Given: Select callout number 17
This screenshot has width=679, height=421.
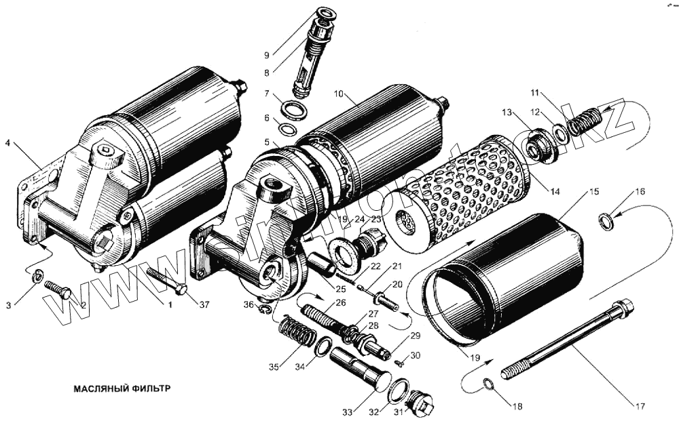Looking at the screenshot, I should (x=638, y=406).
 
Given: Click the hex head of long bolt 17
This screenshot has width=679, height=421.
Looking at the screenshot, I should (x=623, y=308).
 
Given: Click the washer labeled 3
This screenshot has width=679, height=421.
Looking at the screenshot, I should (x=39, y=275).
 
